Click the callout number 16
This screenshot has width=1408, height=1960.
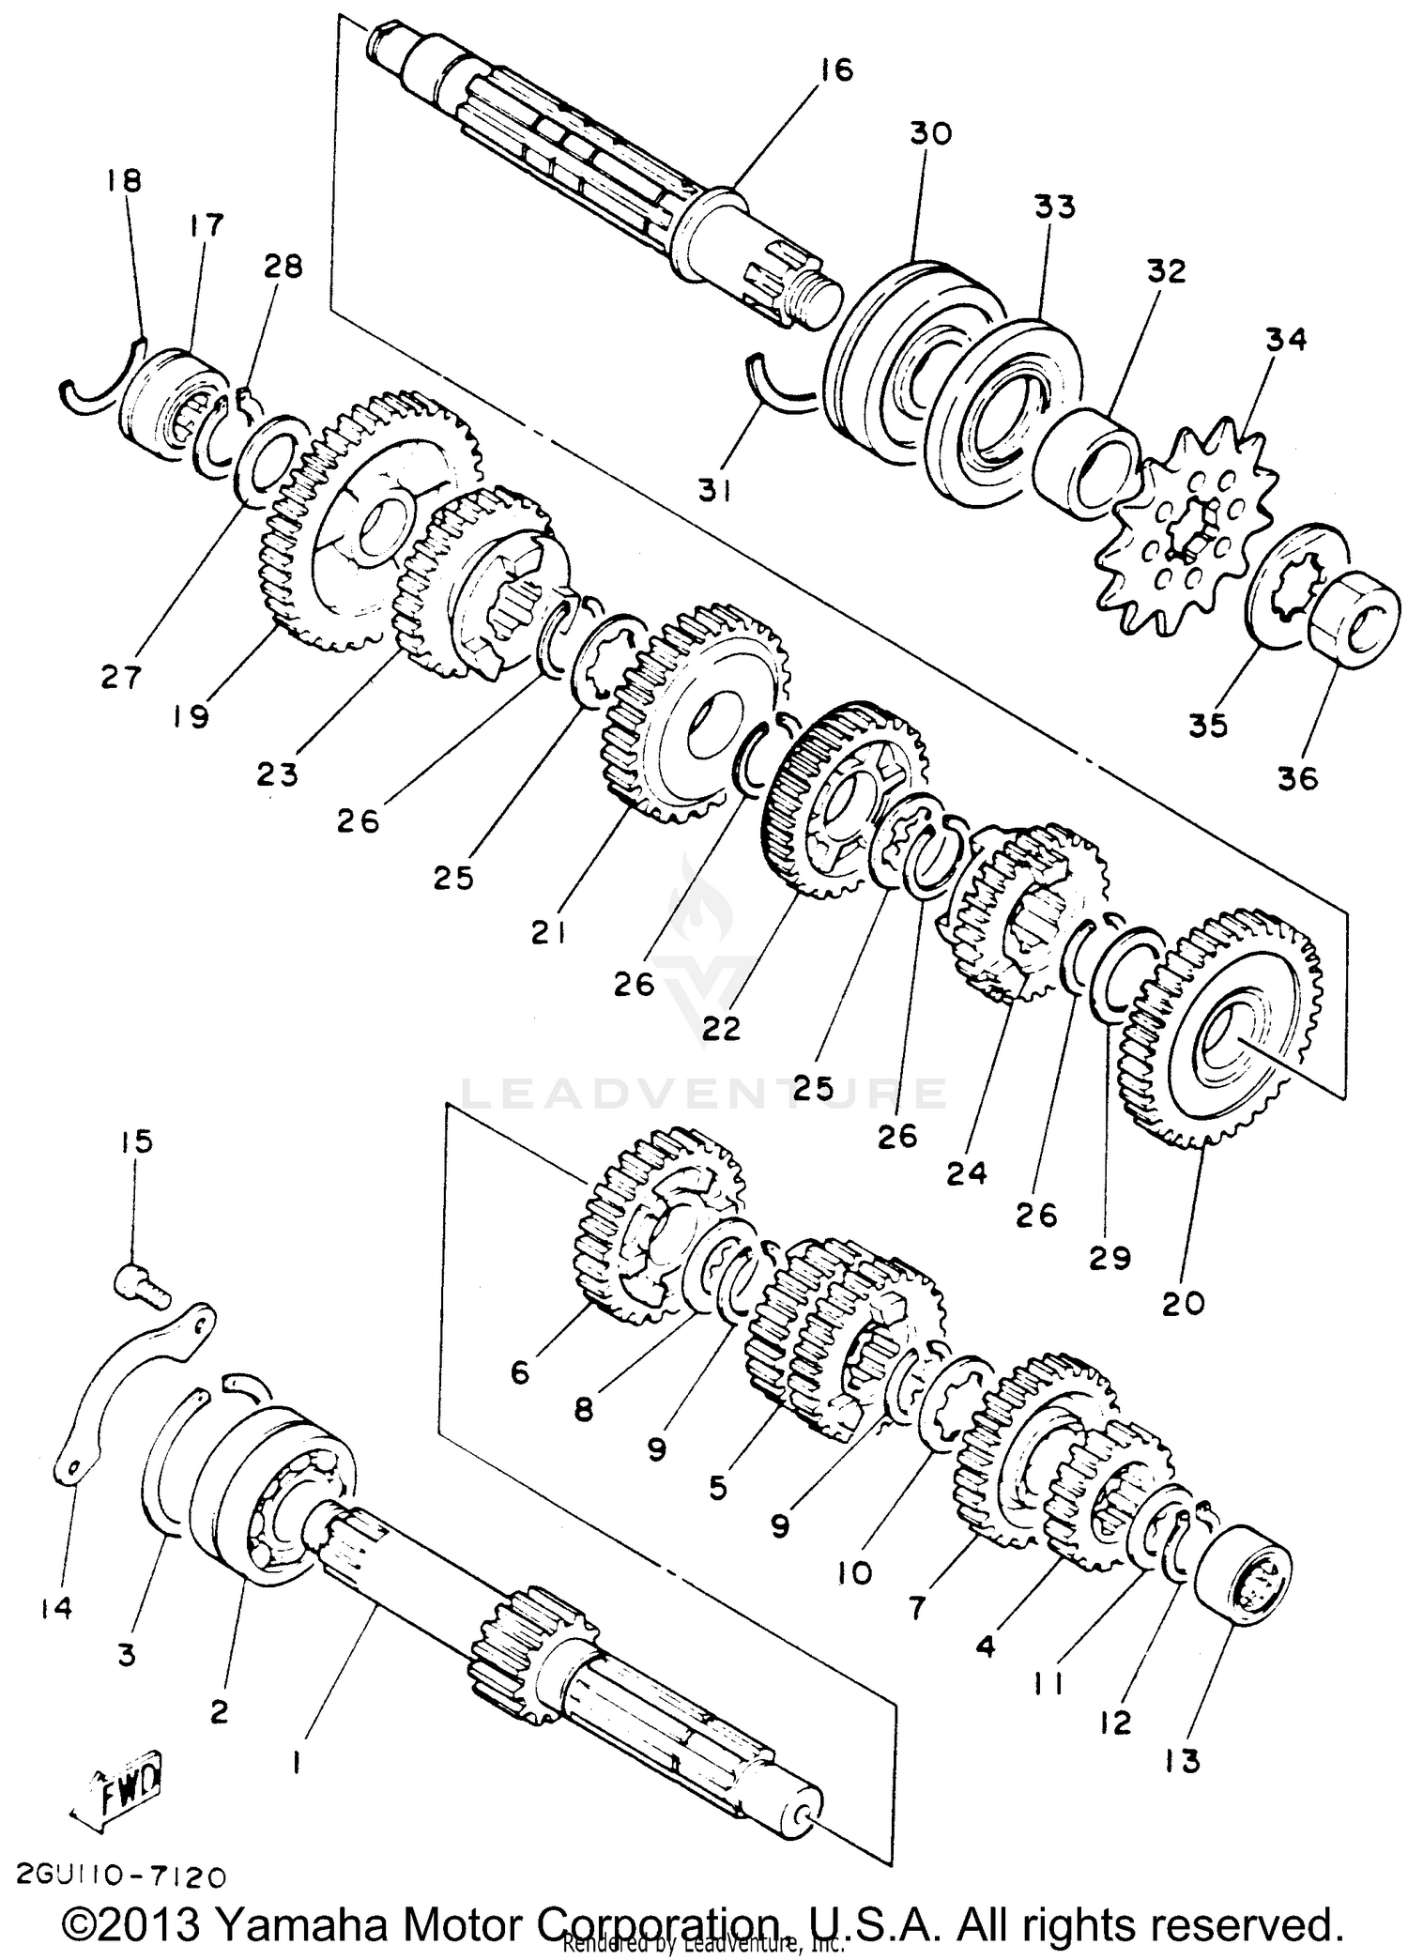[x=834, y=69]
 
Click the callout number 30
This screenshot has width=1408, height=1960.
[x=929, y=133]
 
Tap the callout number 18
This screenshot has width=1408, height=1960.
[x=124, y=180]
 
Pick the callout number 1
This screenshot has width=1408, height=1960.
[x=297, y=1766]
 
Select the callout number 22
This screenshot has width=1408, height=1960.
[x=721, y=1028]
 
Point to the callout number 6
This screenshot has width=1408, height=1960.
[x=520, y=1372]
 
